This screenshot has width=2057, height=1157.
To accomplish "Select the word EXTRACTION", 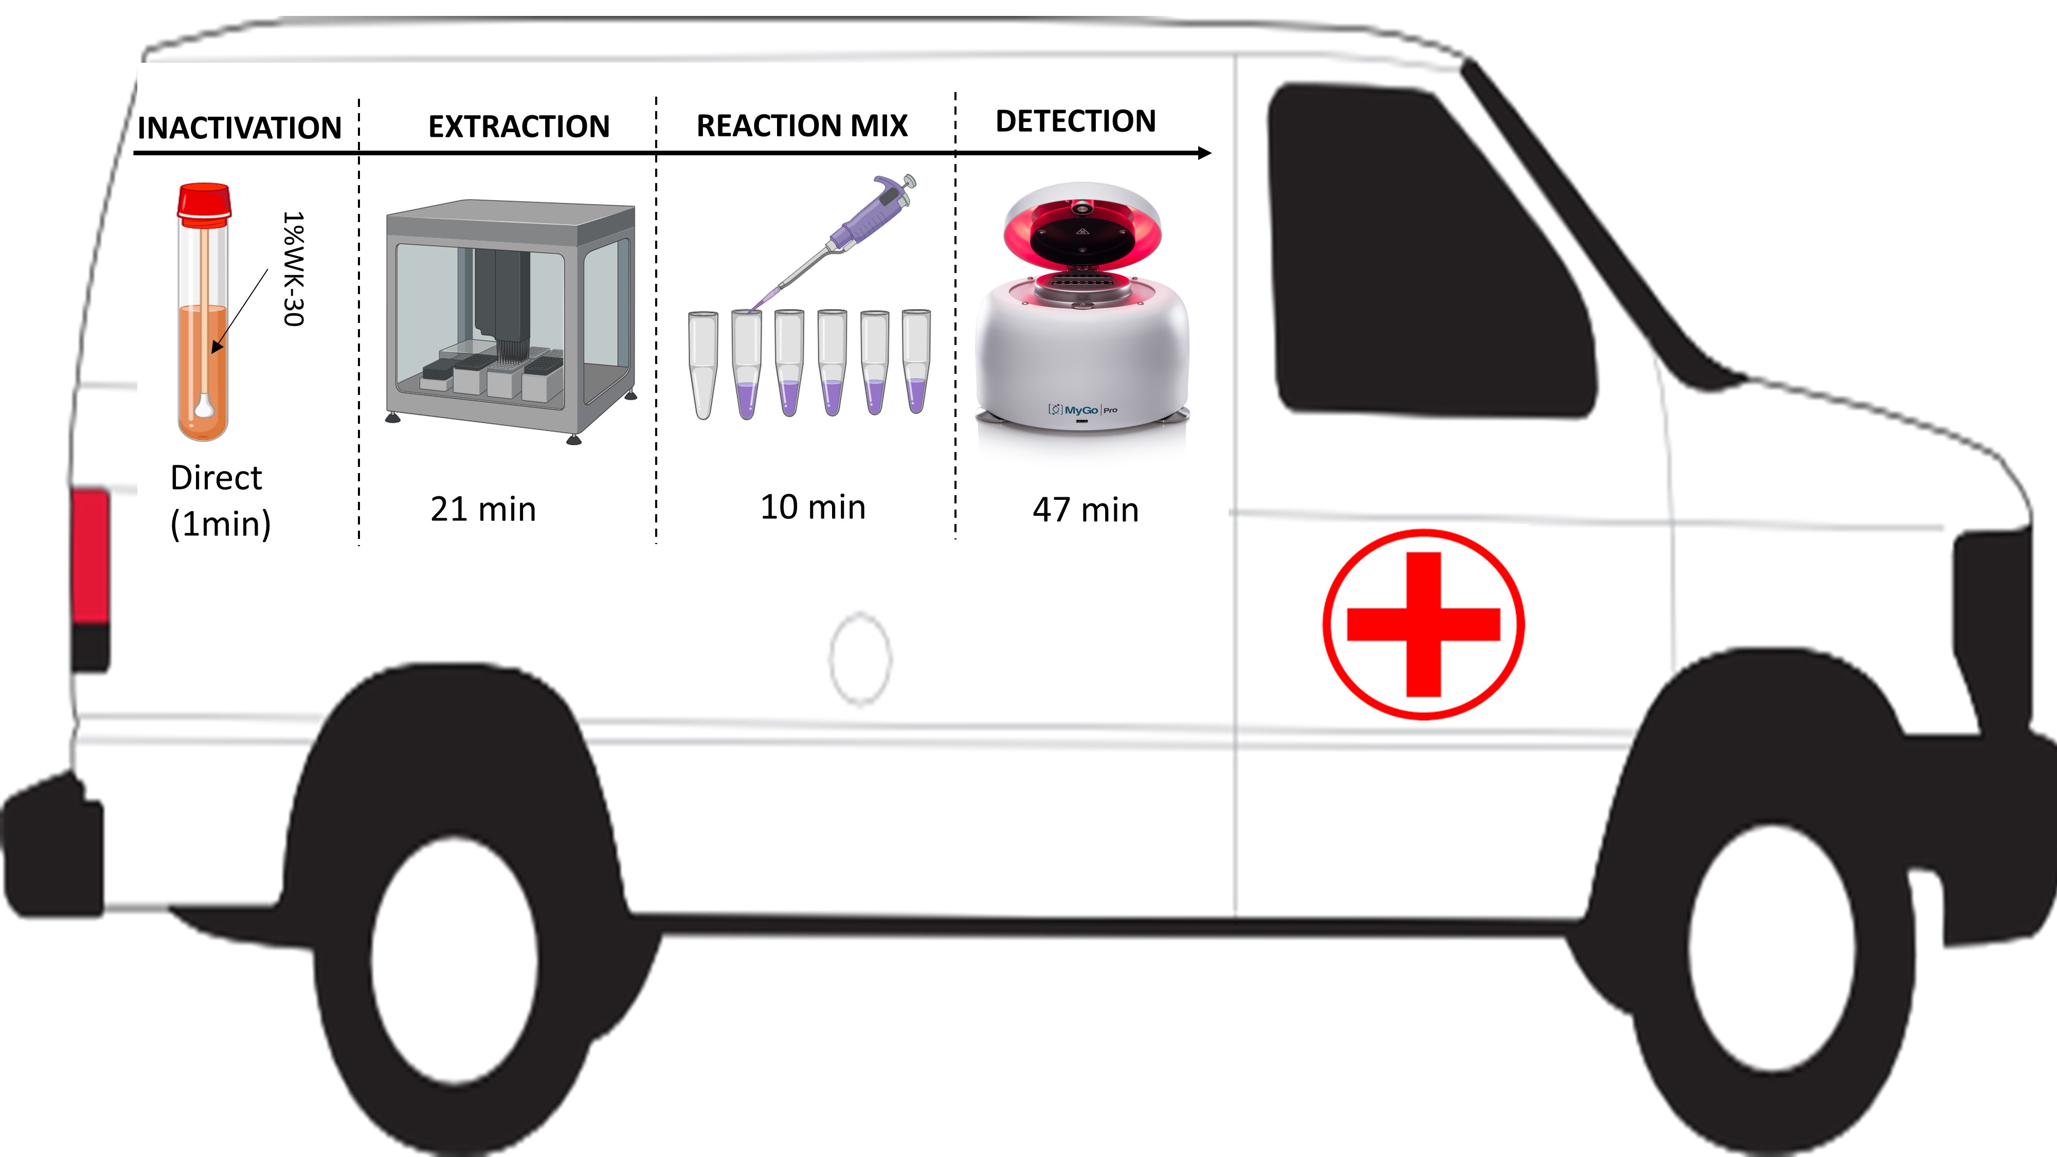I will point(518,126).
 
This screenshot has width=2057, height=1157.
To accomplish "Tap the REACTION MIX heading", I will point(802,125).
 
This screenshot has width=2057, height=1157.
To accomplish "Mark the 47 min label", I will point(1085,510).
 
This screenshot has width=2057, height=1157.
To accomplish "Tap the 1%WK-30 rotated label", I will point(294,268).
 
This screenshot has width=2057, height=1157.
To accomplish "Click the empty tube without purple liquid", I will point(702,364).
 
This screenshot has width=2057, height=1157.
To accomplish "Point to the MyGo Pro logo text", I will point(1083,410).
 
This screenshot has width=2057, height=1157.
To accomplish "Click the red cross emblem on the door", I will point(1423,624).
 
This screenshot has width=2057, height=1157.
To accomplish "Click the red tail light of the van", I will point(90,556).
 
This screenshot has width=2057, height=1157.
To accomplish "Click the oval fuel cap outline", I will point(860,659).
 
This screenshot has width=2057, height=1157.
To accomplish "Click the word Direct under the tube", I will point(215,478).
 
